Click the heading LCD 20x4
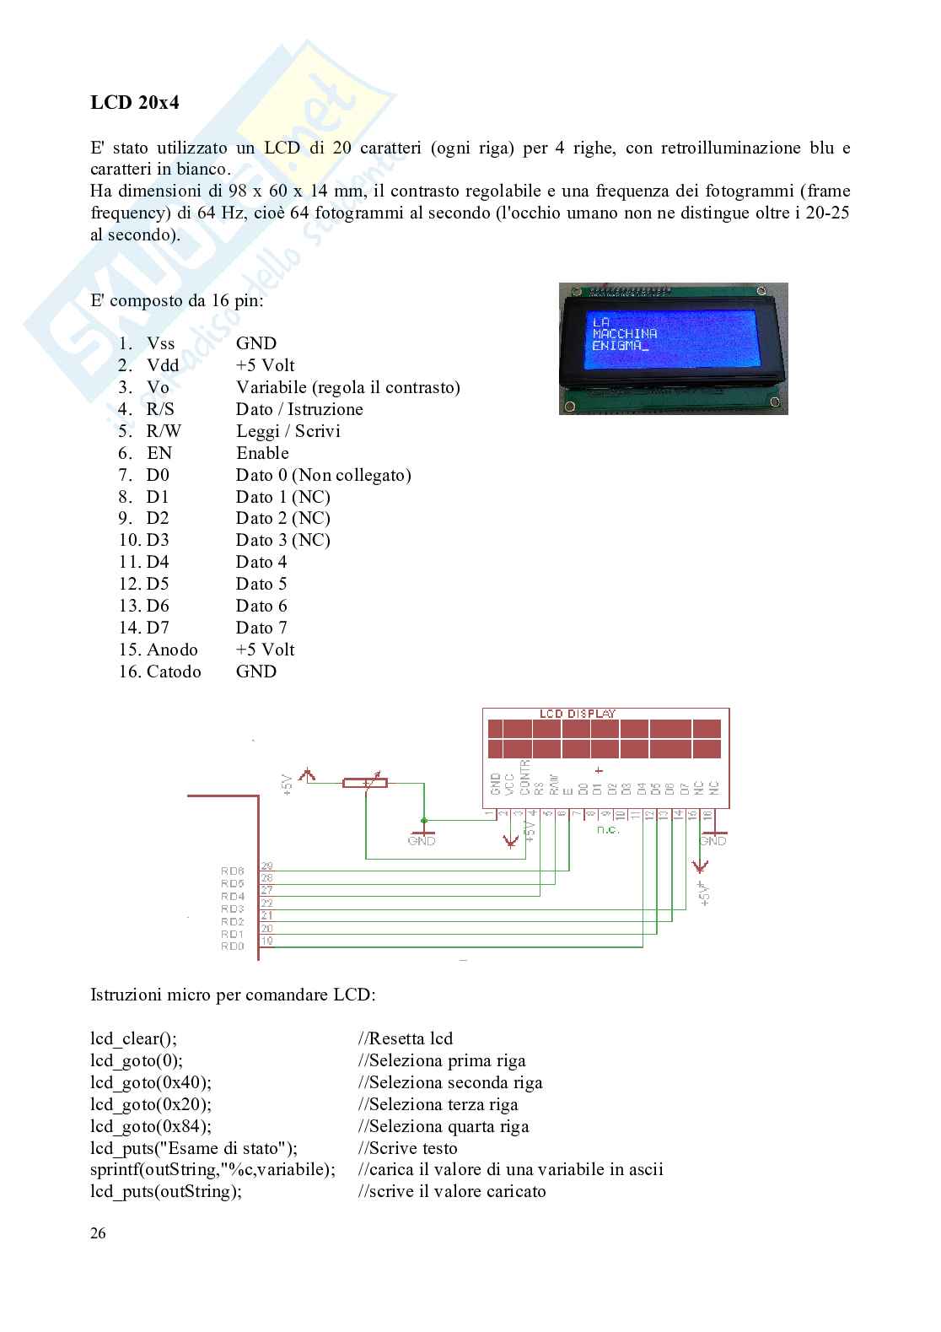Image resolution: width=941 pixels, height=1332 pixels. (134, 102)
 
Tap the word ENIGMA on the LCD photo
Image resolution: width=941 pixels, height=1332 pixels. (616, 345)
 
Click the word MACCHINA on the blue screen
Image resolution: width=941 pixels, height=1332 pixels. (624, 333)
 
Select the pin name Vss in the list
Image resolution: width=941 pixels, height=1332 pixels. (160, 343)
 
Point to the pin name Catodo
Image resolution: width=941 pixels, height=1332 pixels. (174, 671)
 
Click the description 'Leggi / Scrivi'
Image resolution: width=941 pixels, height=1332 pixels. (288, 431)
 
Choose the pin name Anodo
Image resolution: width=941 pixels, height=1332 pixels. (172, 650)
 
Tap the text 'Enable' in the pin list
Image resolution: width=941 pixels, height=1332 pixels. (263, 453)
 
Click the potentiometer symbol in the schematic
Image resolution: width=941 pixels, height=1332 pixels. (365, 783)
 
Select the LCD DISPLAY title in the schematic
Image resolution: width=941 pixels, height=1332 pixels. (578, 714)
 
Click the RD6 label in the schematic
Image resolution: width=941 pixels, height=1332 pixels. (233, 871)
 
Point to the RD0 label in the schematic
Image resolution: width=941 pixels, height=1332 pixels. (233, 946)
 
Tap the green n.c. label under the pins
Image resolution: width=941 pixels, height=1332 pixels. (608, 829)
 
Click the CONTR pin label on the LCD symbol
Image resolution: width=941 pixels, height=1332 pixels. (524, 777)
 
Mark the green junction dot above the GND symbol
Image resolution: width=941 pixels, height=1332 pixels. (424, 821)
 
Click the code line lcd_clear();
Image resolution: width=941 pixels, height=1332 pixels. (134, 1038)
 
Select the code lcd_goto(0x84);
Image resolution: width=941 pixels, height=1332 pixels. (151, 1126)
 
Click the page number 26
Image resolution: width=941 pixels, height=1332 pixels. (98, 1233)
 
